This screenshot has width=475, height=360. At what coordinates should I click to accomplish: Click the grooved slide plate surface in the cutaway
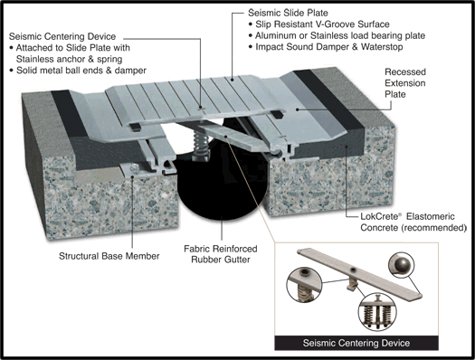235,101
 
